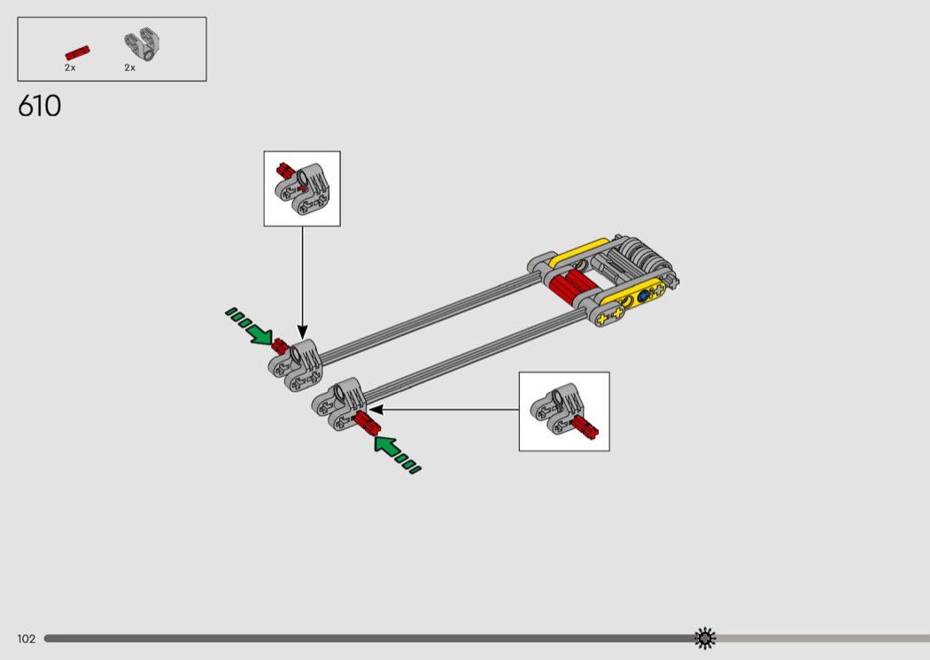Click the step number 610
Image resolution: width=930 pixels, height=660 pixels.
(39, 106)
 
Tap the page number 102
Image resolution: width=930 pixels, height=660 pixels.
(26, 639)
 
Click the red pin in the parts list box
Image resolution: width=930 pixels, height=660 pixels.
(77, 53)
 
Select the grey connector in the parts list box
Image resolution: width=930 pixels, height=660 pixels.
(143, 44)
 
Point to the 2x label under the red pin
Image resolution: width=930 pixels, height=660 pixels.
(70, 67)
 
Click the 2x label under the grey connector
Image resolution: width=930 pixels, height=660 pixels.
(130, 67)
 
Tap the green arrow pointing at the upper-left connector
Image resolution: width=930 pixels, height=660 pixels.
(249, 326)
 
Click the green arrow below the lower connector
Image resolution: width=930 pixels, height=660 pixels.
(397, 454)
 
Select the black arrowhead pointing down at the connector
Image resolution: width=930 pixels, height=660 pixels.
(303, 332)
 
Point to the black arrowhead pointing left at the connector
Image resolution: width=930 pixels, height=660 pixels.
(376, 410)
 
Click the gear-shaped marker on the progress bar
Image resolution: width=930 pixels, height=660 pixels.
(705, 638)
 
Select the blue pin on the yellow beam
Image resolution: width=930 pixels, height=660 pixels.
(644, 295)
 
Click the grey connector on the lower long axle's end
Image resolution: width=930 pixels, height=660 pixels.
(339, 403)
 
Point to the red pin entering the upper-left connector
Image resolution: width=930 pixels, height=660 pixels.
(281, 347)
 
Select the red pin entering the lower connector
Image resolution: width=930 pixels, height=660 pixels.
(367, 423)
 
